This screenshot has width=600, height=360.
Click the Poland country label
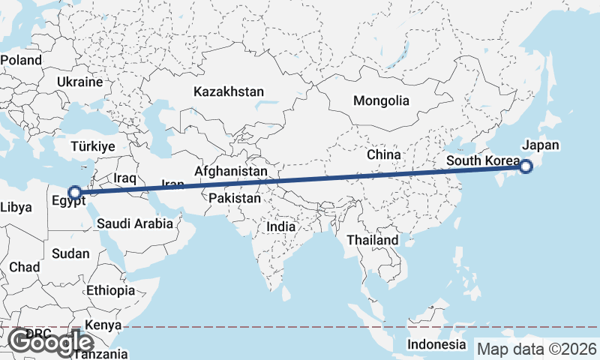click(x=22, y=59)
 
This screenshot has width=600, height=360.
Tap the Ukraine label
click(x=79, y=81)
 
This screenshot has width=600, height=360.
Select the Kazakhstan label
click(x=229, y=92)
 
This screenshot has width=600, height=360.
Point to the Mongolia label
click(x=382, y=100)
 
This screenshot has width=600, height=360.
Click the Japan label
click(x=541, y=145)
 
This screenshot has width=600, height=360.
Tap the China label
click(x=385, y=154)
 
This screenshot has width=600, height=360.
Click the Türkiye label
click(x=94, y=146)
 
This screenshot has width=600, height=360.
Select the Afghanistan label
click(x=231, y=172)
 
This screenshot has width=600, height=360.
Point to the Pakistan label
click(x=235, y=199)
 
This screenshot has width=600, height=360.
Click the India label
click(x=282, y=226)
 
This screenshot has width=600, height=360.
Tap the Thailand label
click(x=373, y=240)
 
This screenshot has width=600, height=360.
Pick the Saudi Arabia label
click(x=136, y=223)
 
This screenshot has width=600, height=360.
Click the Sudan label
click(x=70, y=254)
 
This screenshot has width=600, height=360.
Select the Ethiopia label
click(x=111, y=290)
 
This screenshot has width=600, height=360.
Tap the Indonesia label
click(x=436, y=344)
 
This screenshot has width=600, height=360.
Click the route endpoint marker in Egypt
click(x=74, y=193)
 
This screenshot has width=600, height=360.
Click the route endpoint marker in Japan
click(x=526, y=167)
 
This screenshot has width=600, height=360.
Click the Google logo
click(x=50, y=342)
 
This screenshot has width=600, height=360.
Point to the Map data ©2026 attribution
click(x=537, y=349)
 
